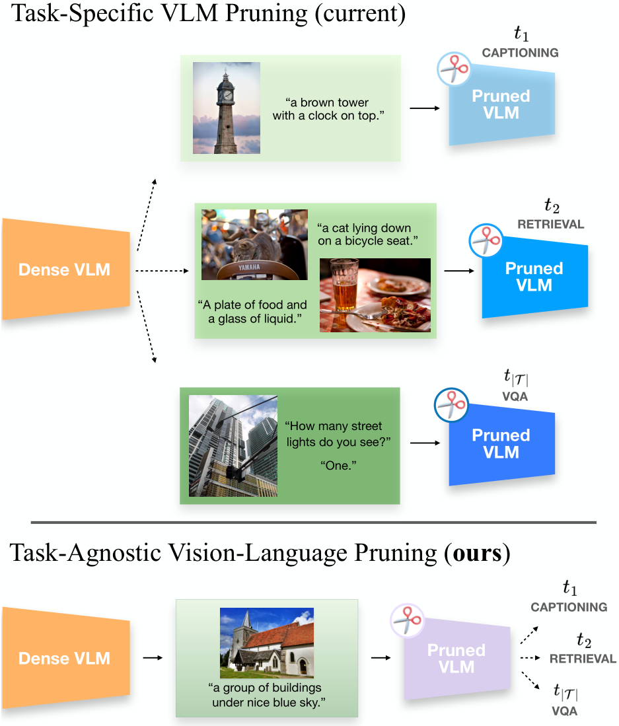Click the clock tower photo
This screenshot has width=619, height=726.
pos(226,108)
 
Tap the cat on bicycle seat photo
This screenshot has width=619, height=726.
pos(254,245)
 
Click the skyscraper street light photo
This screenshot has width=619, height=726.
pos(233,446)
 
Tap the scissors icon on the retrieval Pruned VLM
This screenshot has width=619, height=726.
pos(486,242)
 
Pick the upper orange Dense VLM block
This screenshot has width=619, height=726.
pos(65,269)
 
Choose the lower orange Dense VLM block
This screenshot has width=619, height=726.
pos(65,658)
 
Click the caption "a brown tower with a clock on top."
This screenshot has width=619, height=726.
pos(329,109)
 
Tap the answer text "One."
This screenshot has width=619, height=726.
pos(338,466)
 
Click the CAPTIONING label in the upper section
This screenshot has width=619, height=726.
pos(520,53)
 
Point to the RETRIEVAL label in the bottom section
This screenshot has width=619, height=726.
pos(582,659)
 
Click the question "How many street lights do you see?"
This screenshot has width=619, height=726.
pos(334,433)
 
